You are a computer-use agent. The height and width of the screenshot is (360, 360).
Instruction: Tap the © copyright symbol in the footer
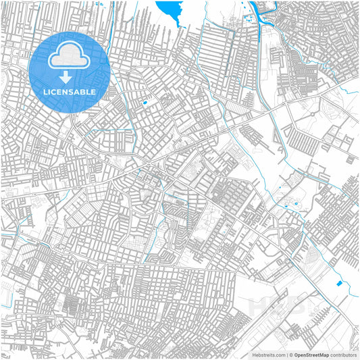coord(290,355)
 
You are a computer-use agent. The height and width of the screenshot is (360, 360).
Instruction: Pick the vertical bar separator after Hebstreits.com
coord(286,355)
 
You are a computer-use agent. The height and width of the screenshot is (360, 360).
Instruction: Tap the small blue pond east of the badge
coord(145,103)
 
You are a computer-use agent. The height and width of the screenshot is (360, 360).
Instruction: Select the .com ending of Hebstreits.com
coord(278,355)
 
